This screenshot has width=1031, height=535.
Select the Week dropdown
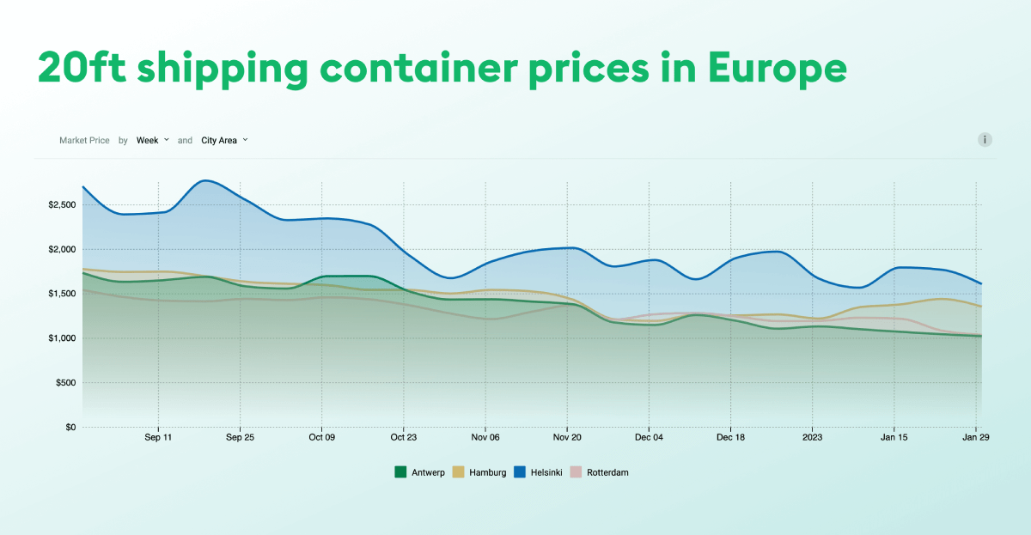pos(152,140)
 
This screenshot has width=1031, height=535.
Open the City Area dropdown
pos(223,140)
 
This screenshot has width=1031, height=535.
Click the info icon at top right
pos(985,140)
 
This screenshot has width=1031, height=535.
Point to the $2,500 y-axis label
pos(63,205)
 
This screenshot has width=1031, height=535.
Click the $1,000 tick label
pos(63,338)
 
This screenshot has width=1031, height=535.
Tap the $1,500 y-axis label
pos(63,294)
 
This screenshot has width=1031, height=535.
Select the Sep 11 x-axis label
pos(158,437)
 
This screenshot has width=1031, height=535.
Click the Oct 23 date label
pos(403,437)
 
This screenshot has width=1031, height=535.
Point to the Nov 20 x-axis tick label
pos(566,437)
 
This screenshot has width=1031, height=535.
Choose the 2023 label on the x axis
pos(812,437)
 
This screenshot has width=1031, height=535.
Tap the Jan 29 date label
pos(976,437)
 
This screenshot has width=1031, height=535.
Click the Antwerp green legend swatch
pos(400,471)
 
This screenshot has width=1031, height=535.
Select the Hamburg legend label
pos(487,471)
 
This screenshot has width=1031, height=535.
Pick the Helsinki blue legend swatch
pos(520,471)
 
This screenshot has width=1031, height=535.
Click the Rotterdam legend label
pos(607,471)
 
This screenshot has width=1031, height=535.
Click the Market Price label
pos(84,140)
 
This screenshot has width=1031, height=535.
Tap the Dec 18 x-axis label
pos(730,437)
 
